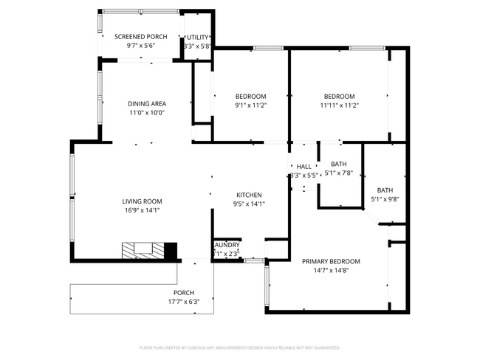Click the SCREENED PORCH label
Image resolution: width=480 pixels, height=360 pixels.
140,37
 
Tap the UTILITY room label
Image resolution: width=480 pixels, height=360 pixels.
197,37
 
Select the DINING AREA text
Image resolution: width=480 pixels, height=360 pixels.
147,104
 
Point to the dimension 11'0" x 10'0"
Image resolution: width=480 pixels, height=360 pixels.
147,113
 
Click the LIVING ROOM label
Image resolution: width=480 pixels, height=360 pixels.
142,201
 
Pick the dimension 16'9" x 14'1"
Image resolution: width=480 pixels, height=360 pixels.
142,210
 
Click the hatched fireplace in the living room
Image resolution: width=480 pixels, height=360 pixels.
144,251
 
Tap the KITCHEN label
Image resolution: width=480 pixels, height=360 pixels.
249,195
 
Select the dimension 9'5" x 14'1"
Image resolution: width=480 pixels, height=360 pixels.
249,204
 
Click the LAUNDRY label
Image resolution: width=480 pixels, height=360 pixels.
227,245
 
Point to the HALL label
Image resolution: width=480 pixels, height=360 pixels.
304,167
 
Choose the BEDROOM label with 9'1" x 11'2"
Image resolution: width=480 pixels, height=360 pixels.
250,97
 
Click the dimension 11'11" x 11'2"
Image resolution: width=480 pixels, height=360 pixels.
339,105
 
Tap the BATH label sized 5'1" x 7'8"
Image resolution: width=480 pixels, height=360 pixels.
339,164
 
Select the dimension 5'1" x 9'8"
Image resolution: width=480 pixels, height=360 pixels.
385,199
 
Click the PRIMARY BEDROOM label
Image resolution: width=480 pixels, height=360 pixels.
330,261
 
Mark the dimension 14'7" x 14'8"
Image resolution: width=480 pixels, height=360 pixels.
330,271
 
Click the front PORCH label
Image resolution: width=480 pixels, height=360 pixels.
184,292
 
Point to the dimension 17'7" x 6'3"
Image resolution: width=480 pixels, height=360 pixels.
184,301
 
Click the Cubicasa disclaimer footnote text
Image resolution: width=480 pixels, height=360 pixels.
240,347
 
